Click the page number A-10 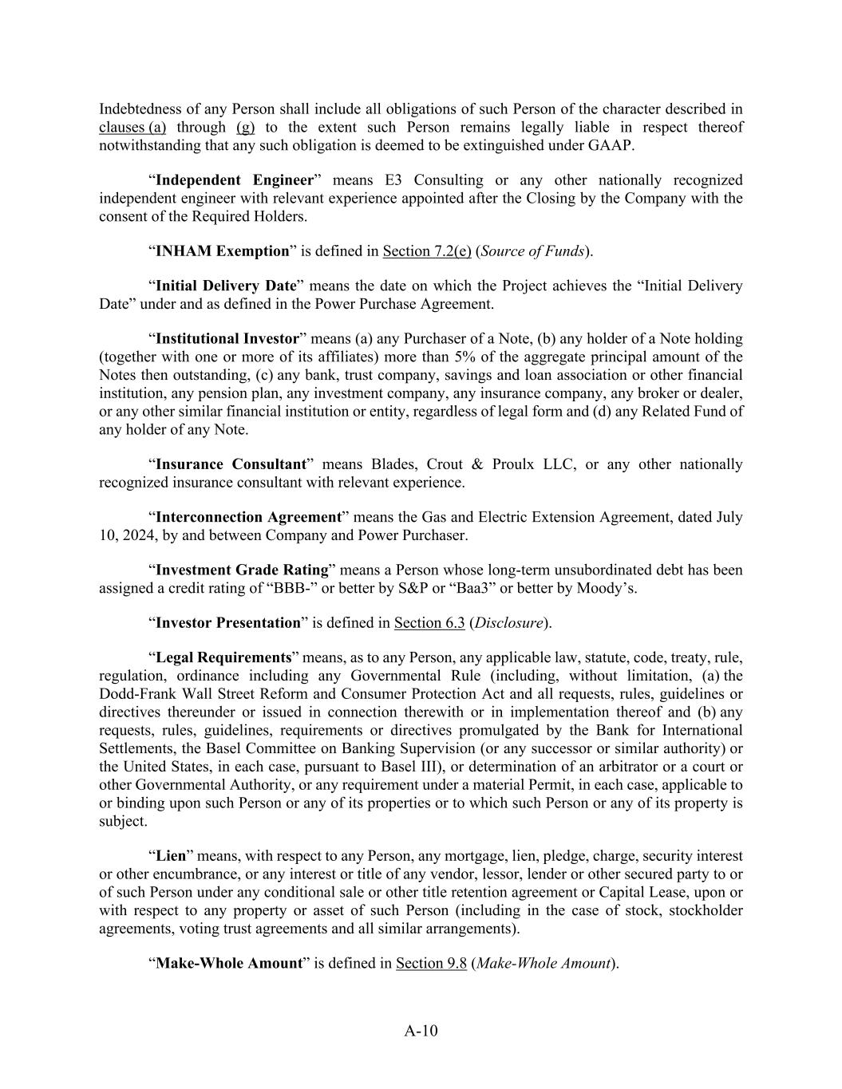coord(421,1030)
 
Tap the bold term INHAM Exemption coord(222,251)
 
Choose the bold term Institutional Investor coord(227,338)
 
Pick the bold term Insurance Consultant coord(231,464)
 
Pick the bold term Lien coord(170,855)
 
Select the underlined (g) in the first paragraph coord(246,127)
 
